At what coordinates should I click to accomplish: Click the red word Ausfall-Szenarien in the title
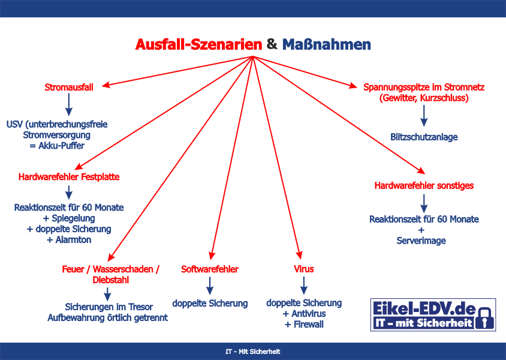tap(199, 44)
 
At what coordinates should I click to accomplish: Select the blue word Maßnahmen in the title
tap(327, 44)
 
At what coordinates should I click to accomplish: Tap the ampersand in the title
tap(272, 44)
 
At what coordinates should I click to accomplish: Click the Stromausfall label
tap(69, 87)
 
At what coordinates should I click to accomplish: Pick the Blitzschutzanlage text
tap(424, 137)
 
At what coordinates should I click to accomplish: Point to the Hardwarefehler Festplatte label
tap(69, 176)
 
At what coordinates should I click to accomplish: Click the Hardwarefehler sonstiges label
tap(424, 185)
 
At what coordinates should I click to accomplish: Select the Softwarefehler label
tap(210, 269)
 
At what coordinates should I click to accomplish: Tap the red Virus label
tap(304, 269)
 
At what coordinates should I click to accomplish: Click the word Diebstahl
tap(111, 280)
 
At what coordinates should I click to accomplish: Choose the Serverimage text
tap(421, 241)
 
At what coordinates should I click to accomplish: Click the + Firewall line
tap(304, 324)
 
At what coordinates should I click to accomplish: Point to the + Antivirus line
tap(304, 314)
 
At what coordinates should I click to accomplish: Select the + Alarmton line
tap(69, 239)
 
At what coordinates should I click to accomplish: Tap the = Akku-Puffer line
tap(57, 146)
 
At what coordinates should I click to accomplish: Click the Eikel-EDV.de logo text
tap(424, 308)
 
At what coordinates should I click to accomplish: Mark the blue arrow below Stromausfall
tap(69, 104)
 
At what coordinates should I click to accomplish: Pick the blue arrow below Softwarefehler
tap(210, 286)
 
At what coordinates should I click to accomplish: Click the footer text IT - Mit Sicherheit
tap(253, 352)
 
